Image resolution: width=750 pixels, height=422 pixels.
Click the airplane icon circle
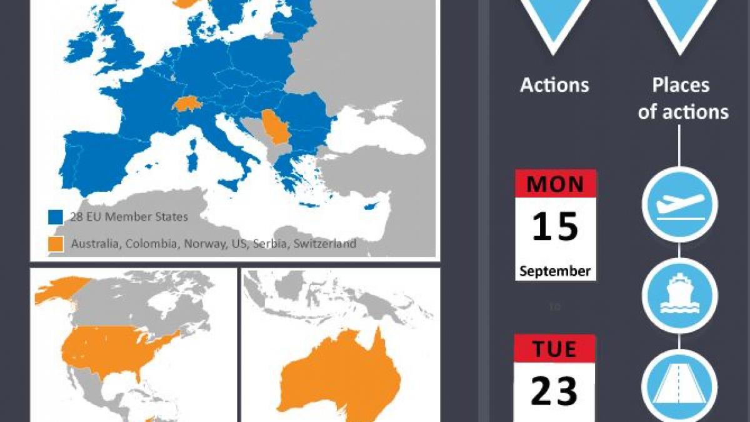pos(679,204)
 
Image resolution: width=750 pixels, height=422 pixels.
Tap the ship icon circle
pos(679,295)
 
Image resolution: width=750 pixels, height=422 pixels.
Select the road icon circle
pos(679,386)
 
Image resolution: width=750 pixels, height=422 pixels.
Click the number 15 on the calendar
pos(555,227)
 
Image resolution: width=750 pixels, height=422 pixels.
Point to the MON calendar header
pos(555,184)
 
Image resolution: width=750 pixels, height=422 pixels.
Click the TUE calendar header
pos(555,349)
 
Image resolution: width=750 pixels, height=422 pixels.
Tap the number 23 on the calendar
pos(555,391)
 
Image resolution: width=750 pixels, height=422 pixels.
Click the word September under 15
pos(555,271)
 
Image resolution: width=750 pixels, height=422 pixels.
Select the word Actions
pos(554,85)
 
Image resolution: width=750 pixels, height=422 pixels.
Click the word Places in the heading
pos(681,85)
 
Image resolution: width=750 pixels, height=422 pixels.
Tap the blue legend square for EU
pos(56,218)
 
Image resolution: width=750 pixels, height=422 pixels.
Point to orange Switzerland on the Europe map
pos(186,103)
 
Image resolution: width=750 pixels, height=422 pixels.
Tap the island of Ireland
pos(80,48)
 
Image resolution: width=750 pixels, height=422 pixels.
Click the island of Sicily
pos(228,185)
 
